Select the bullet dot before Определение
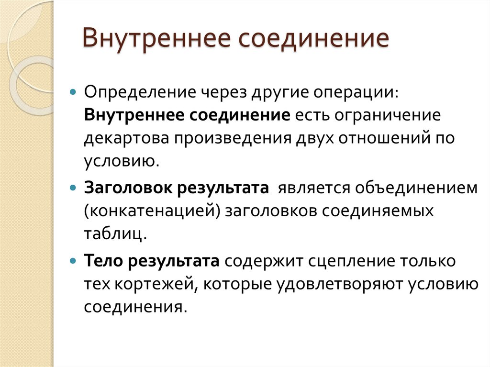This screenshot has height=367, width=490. pos(73,91)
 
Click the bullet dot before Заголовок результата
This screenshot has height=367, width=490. pos(73,187)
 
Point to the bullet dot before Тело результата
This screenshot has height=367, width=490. pos(73,261)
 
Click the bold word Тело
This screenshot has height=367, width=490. pos(103,261)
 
